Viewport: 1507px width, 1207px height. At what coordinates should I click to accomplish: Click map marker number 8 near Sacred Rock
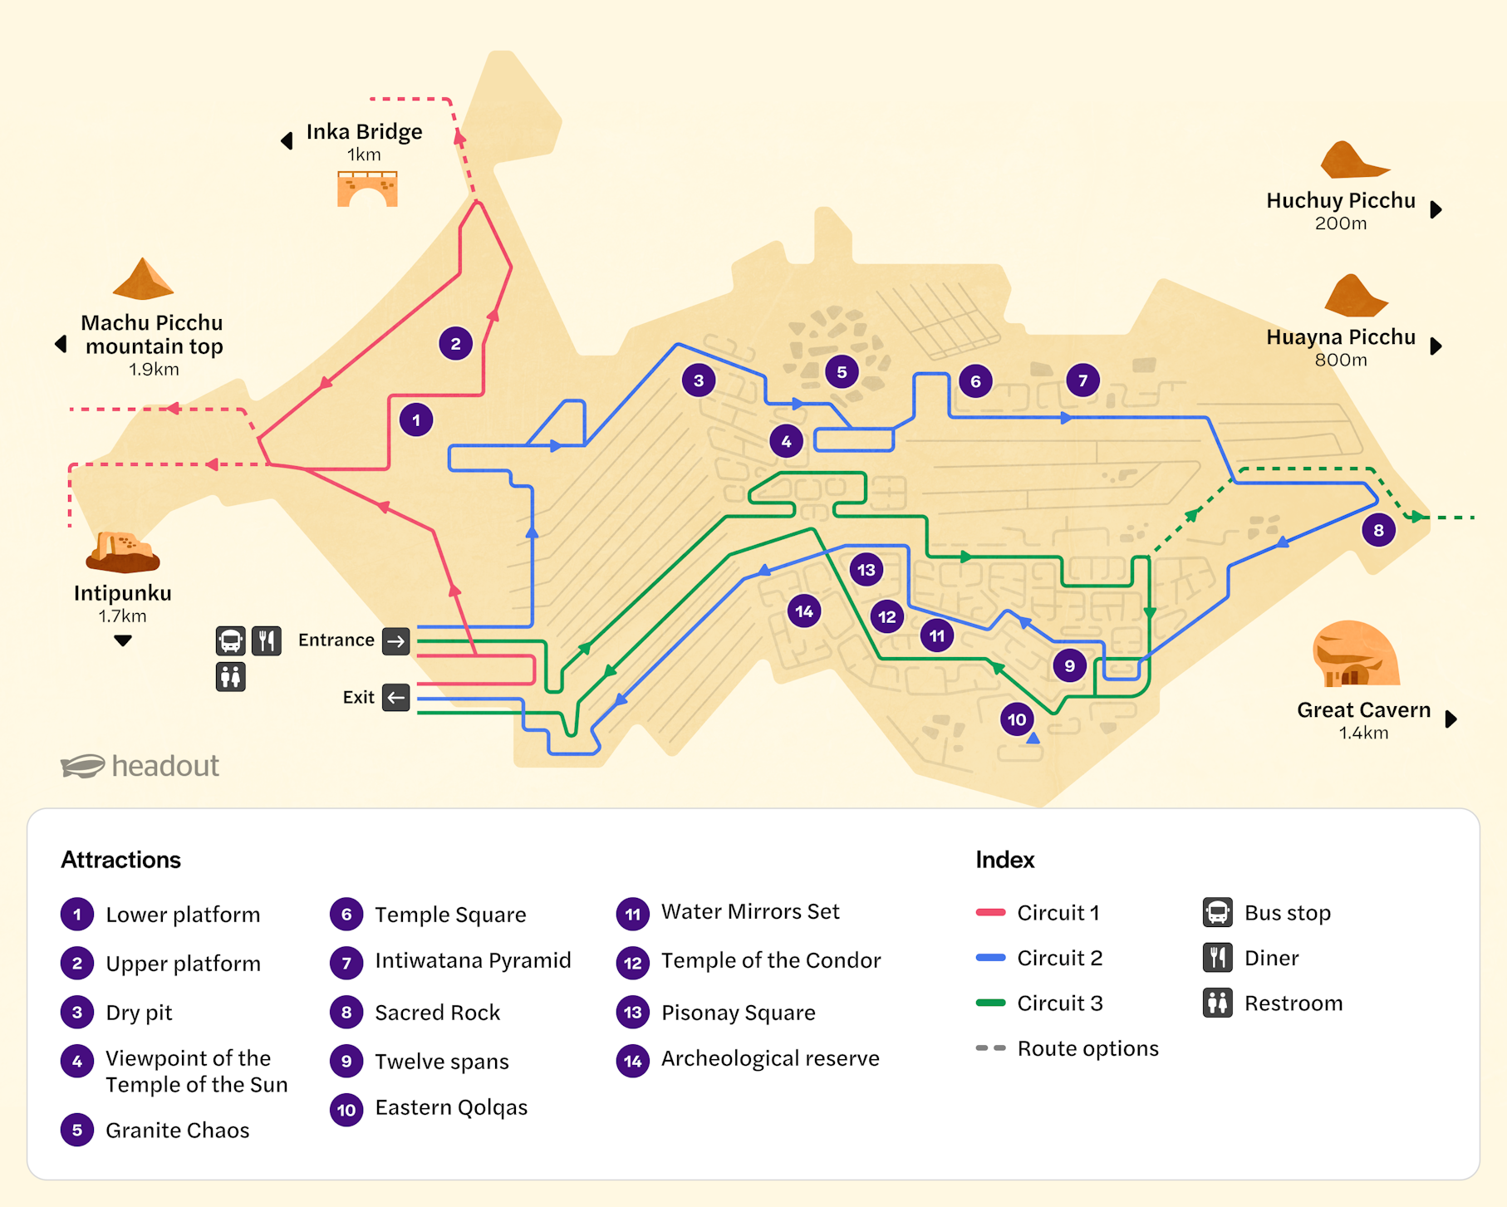[x=1378, y=530]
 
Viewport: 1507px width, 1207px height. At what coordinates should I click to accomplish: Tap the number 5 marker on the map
[x=842, y=372]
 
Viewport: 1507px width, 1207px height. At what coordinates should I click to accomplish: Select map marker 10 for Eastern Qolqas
[x=1017, y=719]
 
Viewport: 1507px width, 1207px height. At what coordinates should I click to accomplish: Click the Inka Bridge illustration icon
[x=367, y=189]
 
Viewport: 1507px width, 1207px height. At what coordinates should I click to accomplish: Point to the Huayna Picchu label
[x=1340, y=337]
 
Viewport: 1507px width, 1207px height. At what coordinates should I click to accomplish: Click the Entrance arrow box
[x=396, y=640]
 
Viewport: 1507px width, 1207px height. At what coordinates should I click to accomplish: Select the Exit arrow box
[x=396, y=697]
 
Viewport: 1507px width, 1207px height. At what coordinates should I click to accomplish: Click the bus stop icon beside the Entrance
[x=230, y=641]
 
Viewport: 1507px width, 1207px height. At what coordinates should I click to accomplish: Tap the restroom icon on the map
[x=230, y=677]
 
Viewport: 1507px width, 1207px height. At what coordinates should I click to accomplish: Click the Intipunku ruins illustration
[x=123, y=552]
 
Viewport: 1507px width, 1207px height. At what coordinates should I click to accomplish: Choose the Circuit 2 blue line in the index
[x=990, y=958]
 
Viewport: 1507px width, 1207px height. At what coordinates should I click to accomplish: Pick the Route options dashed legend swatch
[x=990, y=1048]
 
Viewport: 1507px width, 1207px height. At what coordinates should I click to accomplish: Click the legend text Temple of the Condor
[x=770, y=960]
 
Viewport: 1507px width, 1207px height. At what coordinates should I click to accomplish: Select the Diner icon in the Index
[x=1217, y=958]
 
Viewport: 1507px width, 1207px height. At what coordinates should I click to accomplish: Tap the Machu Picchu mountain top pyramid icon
[x=143, y=279]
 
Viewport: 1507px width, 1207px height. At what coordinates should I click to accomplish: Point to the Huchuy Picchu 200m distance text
[x=1340, y=223]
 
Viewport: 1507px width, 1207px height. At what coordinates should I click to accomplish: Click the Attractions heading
[x=120, y=860]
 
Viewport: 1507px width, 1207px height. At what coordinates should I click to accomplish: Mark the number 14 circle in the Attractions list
[x=632, y=1060]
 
